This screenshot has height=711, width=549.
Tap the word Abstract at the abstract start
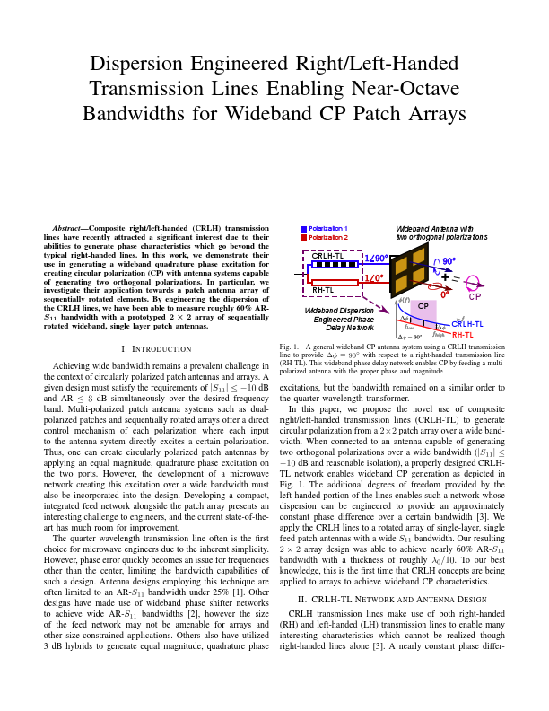pos(69,228)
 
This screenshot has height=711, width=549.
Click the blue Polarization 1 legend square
pos(304,229)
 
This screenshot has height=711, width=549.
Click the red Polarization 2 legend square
pos(304,238)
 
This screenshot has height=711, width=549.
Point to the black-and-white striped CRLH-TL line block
pos(335,265)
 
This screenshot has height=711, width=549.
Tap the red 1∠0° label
pos(374,278)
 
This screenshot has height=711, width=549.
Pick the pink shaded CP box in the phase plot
pos(423,307)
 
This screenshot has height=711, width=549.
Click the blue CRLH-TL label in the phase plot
pos(466,324)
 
